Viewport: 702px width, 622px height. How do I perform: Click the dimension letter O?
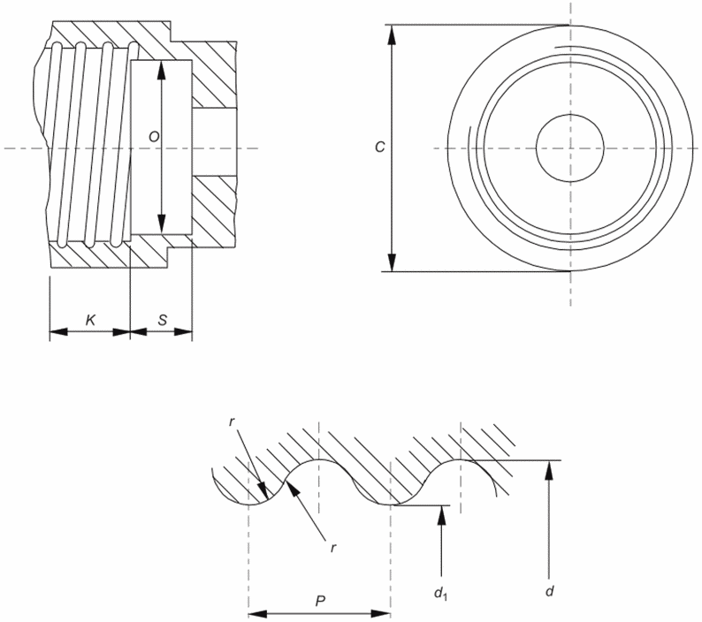(154, 136)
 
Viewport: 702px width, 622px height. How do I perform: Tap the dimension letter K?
(91, 320)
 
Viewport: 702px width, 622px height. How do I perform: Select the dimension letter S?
(163, 320)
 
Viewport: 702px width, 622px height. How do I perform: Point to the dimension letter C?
(379, 147)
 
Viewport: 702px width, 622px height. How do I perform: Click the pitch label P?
(320, 601)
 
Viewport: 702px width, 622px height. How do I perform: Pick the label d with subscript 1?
(440, 593)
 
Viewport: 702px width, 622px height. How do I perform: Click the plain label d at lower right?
(550, 591)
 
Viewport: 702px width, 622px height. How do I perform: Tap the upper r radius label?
(232, 422)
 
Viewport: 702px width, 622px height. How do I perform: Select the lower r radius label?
(333, 548)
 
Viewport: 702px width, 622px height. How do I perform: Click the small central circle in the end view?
(570, 115)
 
